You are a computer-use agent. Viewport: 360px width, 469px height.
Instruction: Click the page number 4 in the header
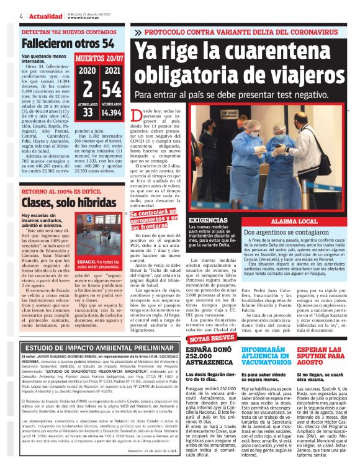tap(22, 16)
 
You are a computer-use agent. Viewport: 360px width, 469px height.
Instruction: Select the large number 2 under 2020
tap(88, 88)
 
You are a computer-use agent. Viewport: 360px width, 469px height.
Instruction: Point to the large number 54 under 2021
tap(112, 88)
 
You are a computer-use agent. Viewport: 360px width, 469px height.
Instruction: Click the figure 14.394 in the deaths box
tap(112, 113)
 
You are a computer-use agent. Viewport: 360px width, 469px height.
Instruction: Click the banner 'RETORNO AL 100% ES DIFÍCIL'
tap(61, 191)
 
